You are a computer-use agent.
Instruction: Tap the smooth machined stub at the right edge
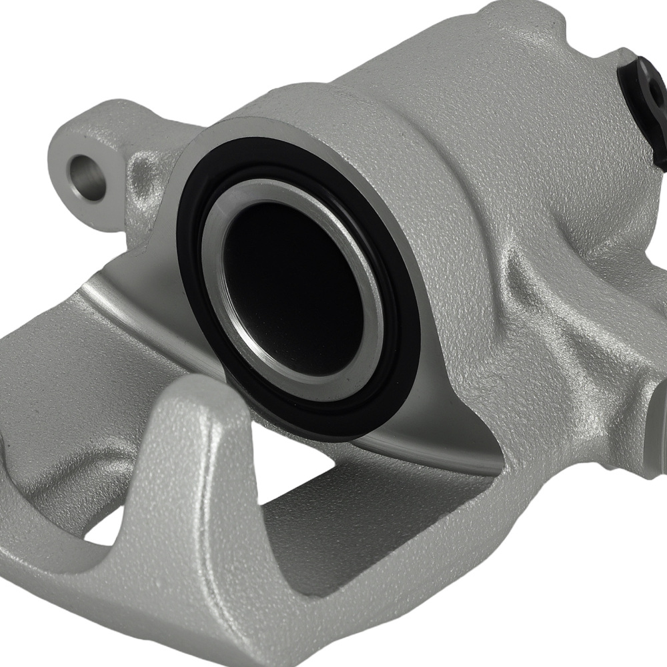657,427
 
